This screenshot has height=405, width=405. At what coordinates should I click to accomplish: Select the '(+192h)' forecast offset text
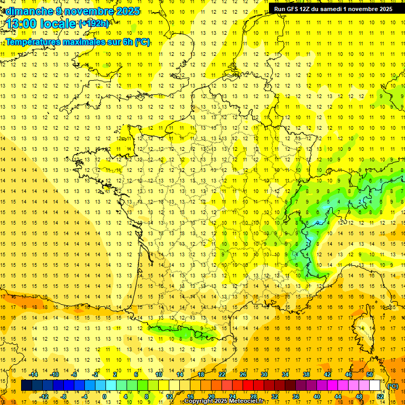(94, 23)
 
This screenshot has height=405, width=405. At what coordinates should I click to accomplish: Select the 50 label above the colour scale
(369, 374)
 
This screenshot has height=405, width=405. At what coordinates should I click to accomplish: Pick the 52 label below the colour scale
(380, 397)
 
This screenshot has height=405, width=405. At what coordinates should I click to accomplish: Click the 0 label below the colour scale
(104, 397)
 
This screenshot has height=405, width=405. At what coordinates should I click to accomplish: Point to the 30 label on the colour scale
(264, 374)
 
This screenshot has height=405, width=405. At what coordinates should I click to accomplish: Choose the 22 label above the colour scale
(222, 374)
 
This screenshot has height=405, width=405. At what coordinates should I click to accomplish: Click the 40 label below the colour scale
(316, 397)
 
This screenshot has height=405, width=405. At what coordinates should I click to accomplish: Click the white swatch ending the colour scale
(375, 385)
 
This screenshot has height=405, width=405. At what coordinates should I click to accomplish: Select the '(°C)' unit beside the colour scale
(393, 386)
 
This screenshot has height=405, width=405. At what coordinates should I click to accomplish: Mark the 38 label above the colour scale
(306, 374)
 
